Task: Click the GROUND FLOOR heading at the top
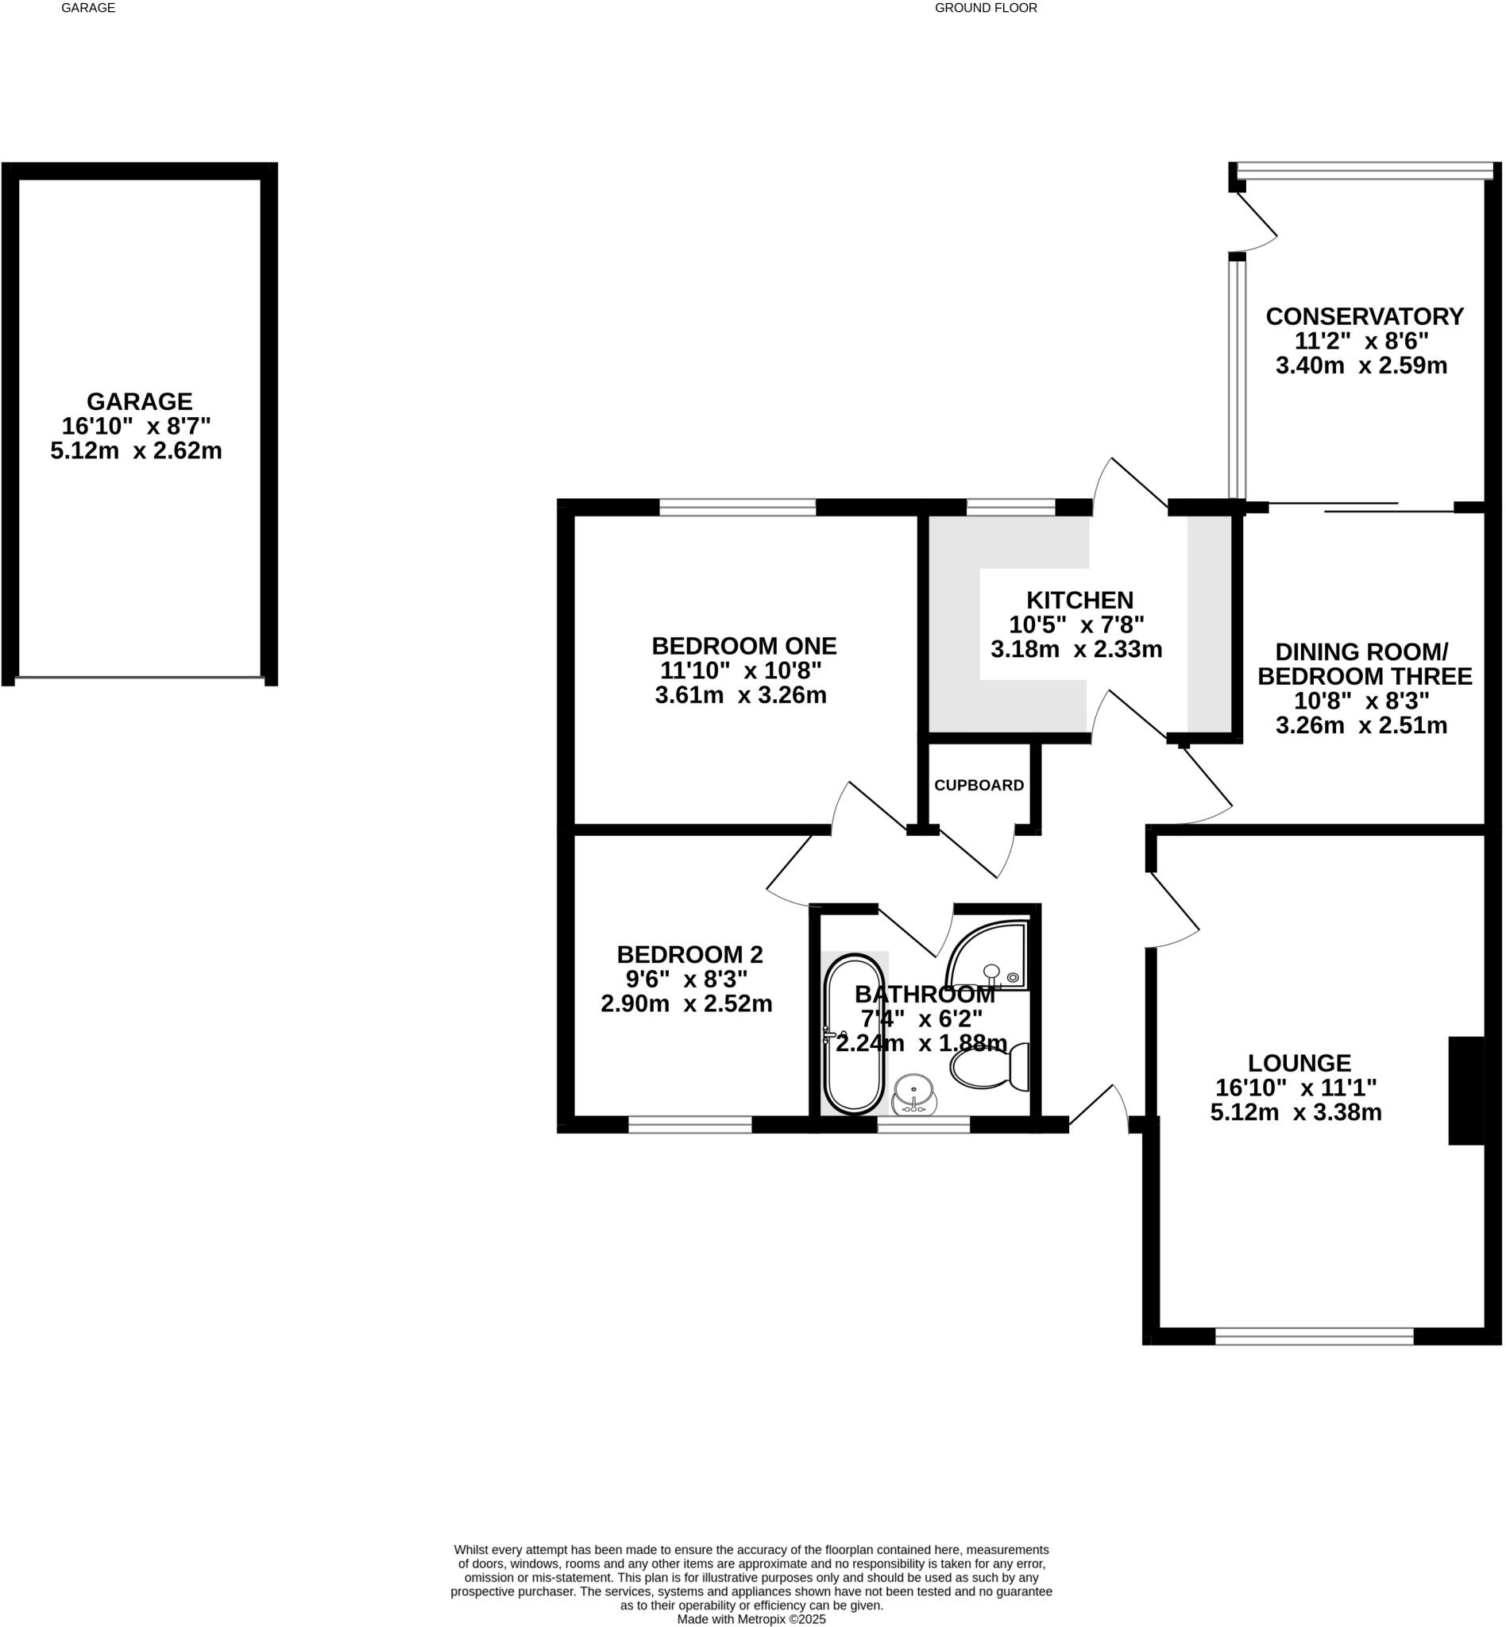985,8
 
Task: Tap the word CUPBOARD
978,785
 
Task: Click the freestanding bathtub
854,1034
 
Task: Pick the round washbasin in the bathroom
913,1091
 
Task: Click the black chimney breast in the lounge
1466,1091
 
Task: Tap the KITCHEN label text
1079,600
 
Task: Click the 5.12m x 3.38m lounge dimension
1296,1112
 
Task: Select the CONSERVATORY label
1364,316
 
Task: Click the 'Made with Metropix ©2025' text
751,1620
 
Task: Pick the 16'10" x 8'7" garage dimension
136,426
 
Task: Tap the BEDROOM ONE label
743,647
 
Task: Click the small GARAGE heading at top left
88,8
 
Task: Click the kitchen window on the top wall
1010,508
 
